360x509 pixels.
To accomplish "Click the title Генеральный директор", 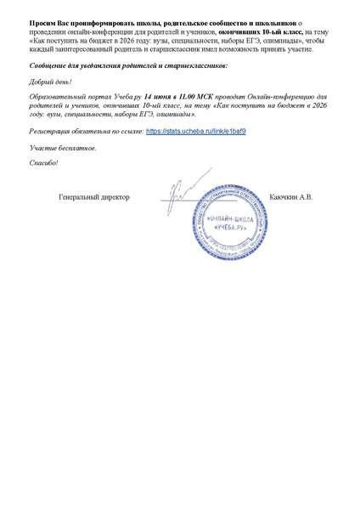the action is click(94, 197).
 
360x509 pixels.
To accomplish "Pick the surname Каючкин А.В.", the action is click(291, 197).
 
